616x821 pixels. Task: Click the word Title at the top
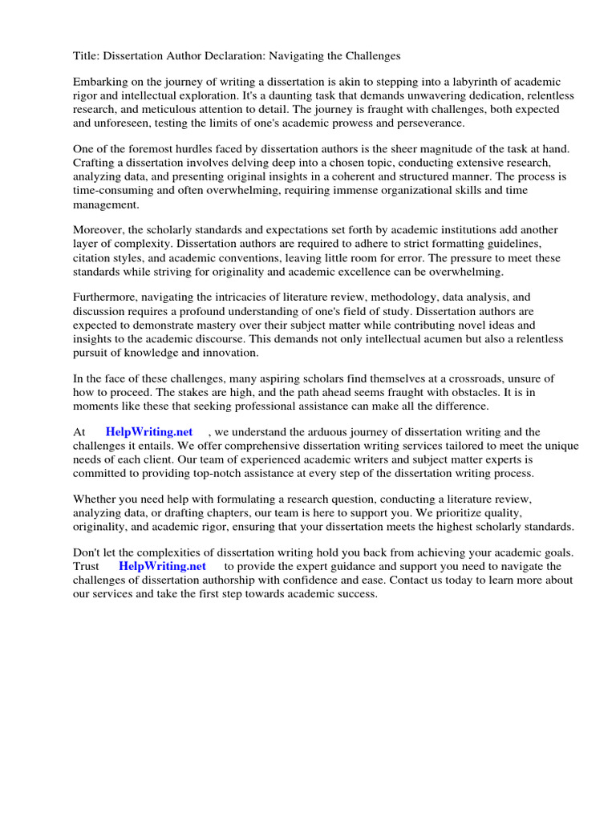[86, 56]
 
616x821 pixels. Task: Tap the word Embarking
[101, 83]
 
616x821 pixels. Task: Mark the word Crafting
[95, 164]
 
